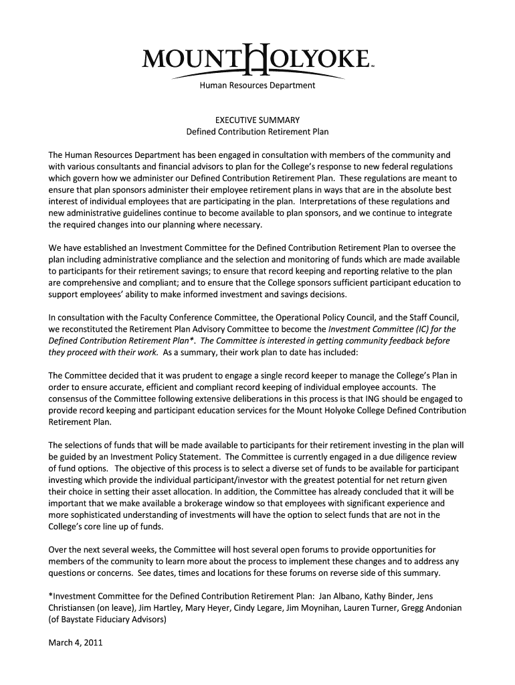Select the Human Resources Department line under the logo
point(257,86)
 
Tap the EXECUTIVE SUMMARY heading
point(257,120)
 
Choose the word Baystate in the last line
point(77,619)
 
